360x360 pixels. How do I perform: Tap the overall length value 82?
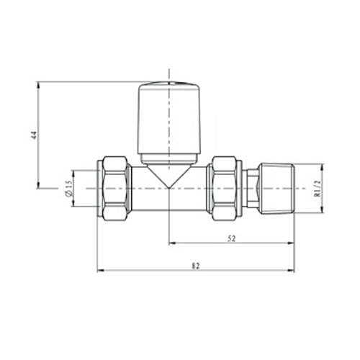point(195,266)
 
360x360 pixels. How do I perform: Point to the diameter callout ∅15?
point(66,188)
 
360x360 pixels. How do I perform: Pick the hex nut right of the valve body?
point(225,188)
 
